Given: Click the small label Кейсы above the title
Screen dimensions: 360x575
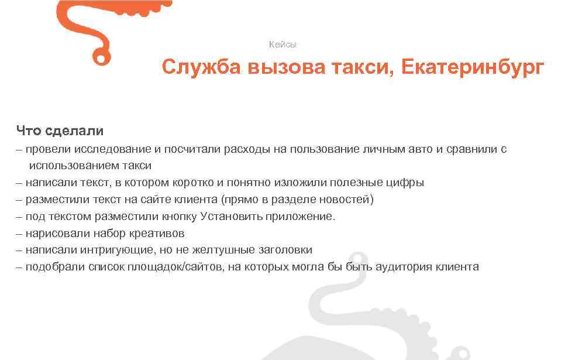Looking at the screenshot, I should [283, 44].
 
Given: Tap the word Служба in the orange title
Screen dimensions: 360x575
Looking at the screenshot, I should [201, 67].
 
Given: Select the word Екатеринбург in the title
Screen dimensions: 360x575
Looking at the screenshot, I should [472, 67].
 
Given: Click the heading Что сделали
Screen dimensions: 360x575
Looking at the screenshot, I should [60, 131].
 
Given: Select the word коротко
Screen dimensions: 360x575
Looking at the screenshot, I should [198, 183].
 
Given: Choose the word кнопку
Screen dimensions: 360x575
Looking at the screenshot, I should [178, 217].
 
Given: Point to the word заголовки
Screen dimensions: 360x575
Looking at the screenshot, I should [285, 250].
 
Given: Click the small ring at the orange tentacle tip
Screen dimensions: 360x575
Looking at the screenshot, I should [101, 57].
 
